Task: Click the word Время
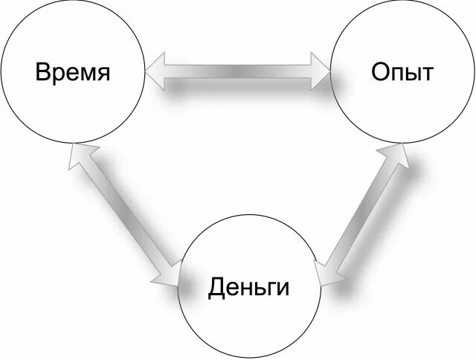[73, 73]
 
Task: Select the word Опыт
[402, 73]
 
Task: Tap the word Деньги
[248, 287]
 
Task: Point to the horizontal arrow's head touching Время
[155, 72]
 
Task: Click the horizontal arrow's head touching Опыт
[321, 72]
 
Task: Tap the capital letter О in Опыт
[379, 73]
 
